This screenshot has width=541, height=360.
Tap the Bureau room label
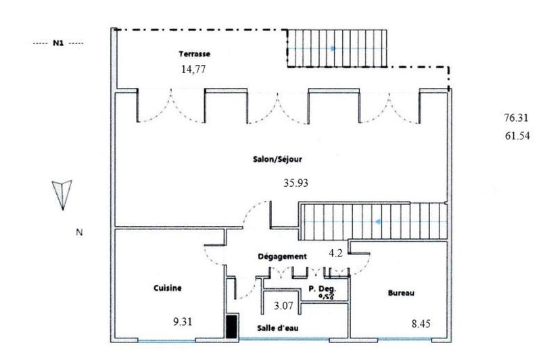tap(400, 293)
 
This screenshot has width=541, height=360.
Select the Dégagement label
tap(283, 256)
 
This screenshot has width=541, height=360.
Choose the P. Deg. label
tap(322, 288)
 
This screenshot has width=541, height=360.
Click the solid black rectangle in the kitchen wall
tap(231, 327)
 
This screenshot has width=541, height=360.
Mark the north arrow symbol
tap(62, 194)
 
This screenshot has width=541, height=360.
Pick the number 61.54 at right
tap(517, 136)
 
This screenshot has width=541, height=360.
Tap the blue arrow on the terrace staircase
tap(332, 48)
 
